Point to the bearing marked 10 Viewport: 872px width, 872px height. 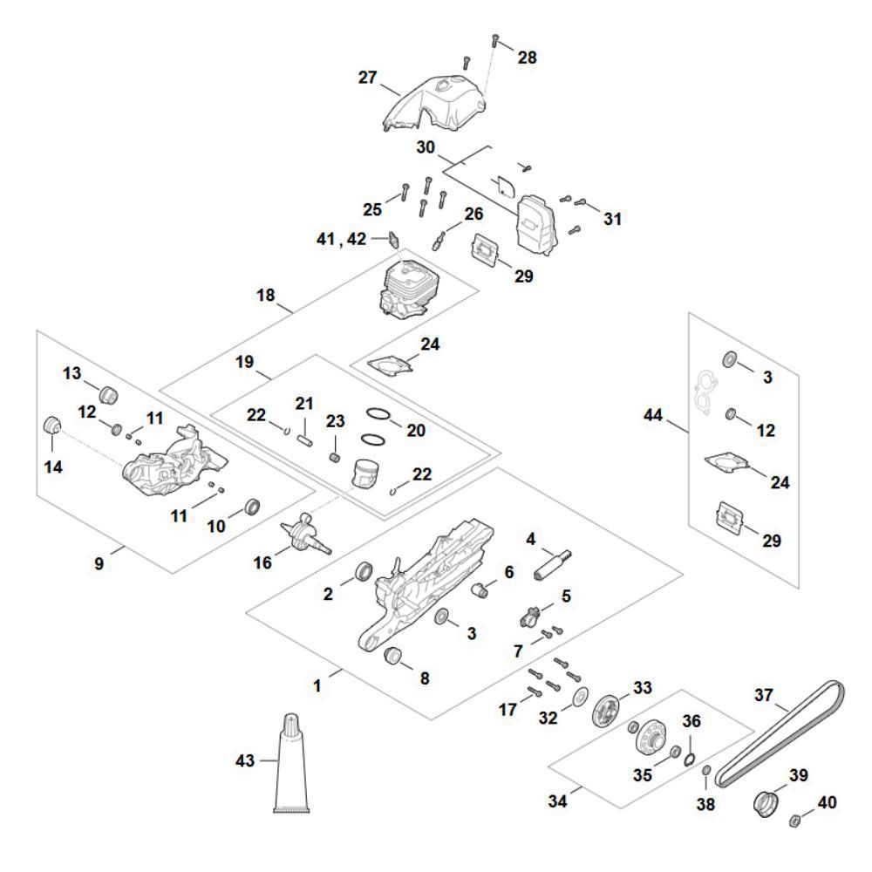coord(253,506)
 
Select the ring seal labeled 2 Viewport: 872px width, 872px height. coord(362,574)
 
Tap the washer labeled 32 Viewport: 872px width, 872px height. coord(577,698)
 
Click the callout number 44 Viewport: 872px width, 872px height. coord(653,419)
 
